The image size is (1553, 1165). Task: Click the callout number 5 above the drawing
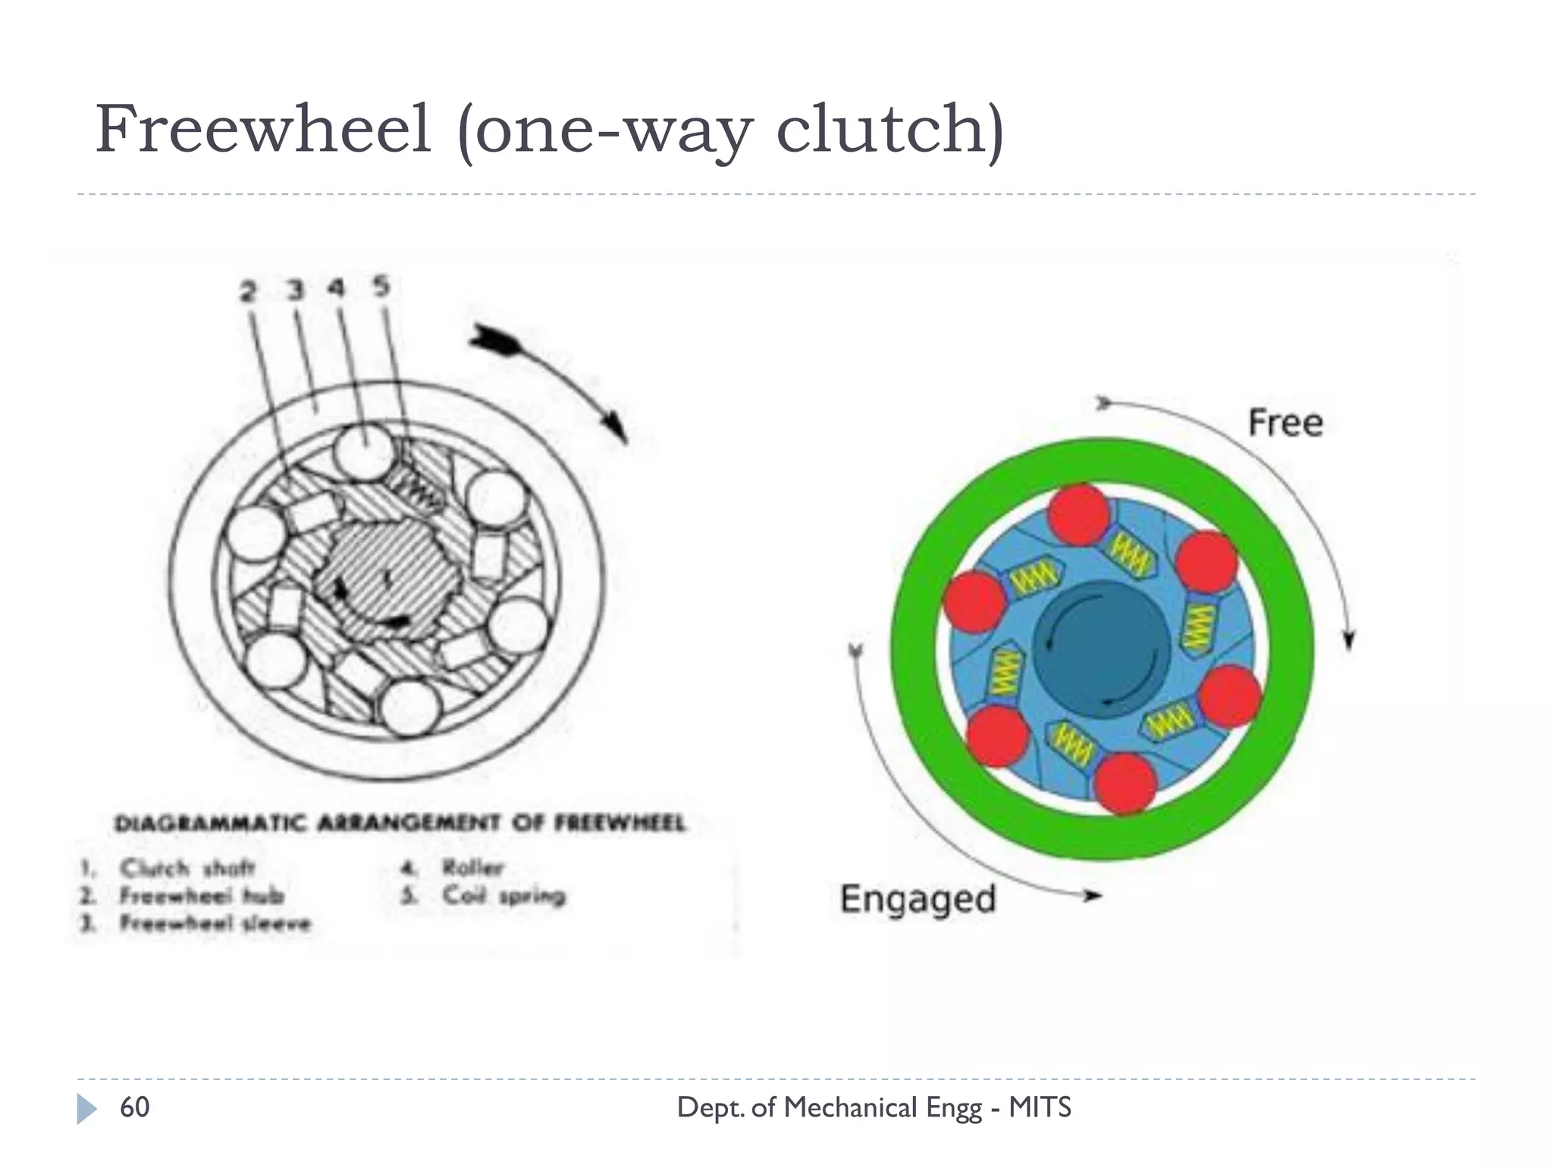[x=381, y=287]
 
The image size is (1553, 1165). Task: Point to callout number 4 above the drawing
[x=337, y=289]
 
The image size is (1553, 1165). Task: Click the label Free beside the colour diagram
[x=1285, y=422]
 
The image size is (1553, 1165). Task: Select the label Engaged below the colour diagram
[x=918, y=900]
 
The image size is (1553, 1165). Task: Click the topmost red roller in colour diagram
[x=1079, y=514]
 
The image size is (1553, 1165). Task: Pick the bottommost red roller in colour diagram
[x=1125, y=783]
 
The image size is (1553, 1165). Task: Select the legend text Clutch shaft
[x=187, y=867]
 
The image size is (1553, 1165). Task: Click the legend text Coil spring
[x=504, y=895]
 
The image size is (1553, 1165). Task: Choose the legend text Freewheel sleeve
[x=215, y=923]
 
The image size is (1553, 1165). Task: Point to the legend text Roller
[x=473, y=867]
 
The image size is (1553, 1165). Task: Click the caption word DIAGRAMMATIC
[x=210, y=823]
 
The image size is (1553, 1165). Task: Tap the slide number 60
[x=135, y=1107]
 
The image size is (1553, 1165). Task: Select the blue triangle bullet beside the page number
[x=86, y=1109]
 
